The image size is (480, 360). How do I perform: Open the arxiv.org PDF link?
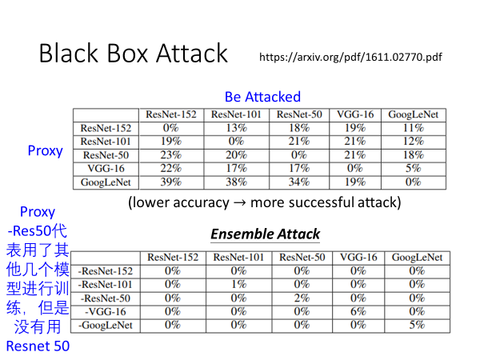pos(350,58)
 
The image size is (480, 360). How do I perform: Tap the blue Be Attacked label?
pos(262,97)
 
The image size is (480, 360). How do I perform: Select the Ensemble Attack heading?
pos(265,234)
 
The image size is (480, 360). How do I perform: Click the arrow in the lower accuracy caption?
pos(238,202)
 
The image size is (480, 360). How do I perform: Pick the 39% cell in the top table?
pos(170,182)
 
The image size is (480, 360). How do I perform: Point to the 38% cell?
pos(236,182)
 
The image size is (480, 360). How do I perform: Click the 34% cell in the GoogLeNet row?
pos(298,182)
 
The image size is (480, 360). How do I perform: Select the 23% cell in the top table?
pos(170,154)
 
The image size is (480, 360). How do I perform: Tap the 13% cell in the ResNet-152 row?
pos(236,128)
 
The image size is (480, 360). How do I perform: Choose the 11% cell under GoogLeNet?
pos(413,128)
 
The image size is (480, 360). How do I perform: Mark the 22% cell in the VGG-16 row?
pos(170,168)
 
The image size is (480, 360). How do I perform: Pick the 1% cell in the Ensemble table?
pos(238,284)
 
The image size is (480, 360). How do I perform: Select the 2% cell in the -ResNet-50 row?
pos(302,298)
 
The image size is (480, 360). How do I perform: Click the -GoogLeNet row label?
pos(106,325)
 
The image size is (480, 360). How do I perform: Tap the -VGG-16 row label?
pos(106,311)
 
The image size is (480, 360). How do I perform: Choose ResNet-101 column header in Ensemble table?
pos(238,258)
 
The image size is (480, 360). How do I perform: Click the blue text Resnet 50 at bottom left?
pos(38,346)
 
